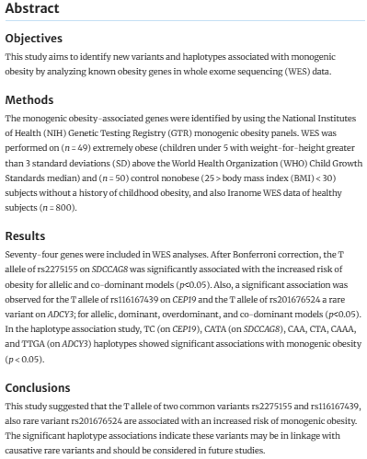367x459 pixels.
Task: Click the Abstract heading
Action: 33,9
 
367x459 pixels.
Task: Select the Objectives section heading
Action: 36,39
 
